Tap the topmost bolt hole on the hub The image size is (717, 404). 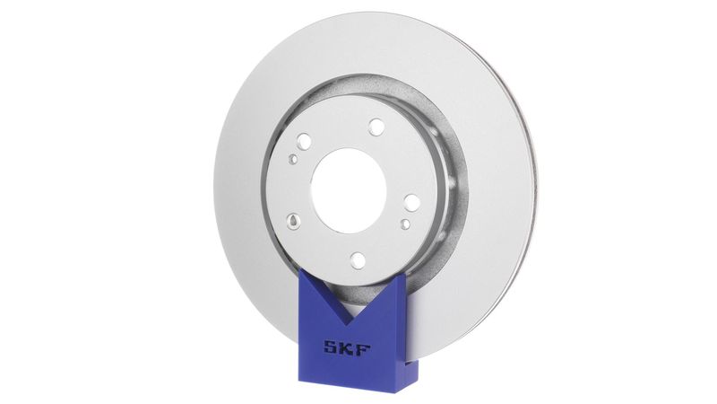[x=376, y=127]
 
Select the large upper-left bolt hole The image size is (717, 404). [x=305, y=141]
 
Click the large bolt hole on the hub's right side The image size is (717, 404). [x=410, y=202]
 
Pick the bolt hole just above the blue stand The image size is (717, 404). [x=358, y=260]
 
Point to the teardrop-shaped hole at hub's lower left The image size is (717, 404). [x=294, y=219]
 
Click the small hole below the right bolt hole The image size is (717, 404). [x=405, y=223]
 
